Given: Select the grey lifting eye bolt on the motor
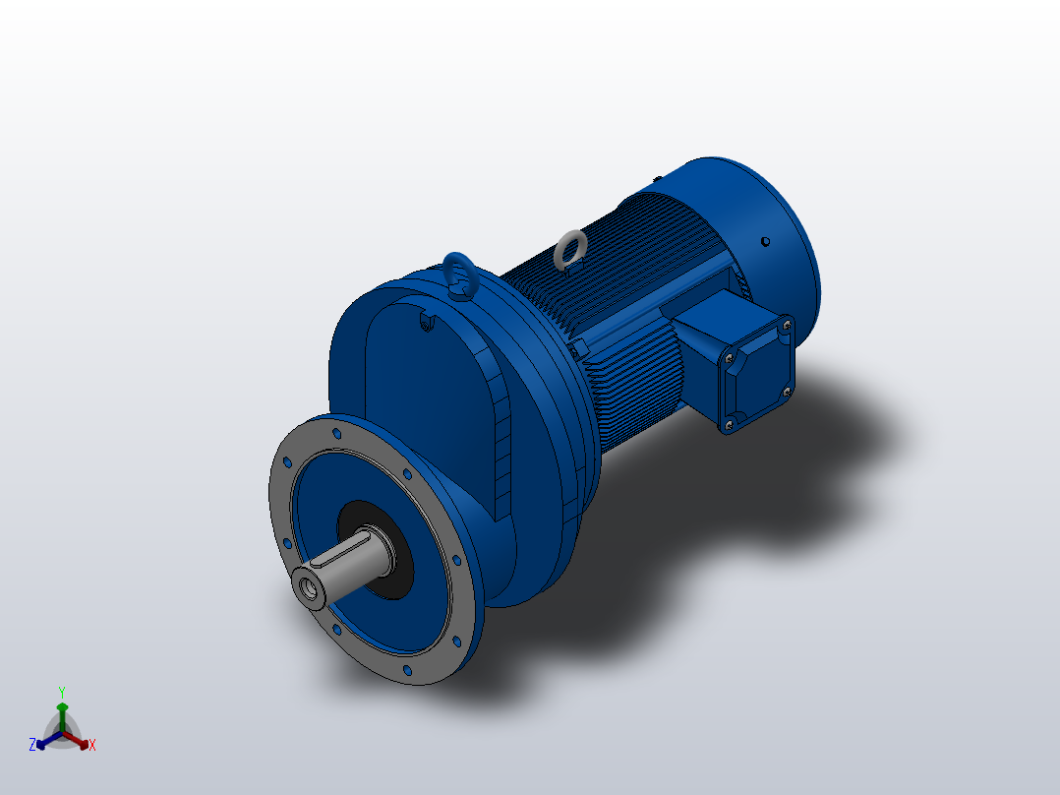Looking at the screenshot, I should (x=568, y=250).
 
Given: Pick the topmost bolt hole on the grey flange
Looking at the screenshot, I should (x=337, y=432).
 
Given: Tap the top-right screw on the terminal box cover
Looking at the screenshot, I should (x=787, y=322).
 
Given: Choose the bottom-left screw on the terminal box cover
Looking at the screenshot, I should (x=728, y=425).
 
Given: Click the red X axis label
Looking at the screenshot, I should (x=92, y=746).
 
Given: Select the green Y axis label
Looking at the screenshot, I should (x=61, y=692).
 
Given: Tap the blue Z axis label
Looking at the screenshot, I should (x=32, y=745).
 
